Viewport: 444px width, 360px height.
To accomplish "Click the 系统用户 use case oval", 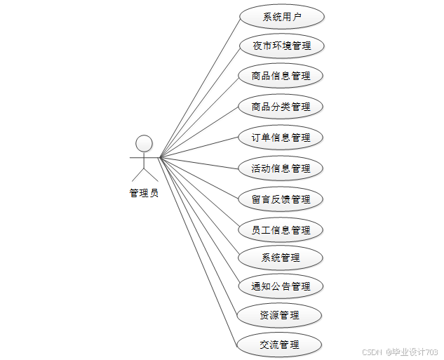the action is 281,17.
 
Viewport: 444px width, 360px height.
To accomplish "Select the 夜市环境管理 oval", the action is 281,46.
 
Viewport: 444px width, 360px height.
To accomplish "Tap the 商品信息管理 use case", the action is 281,76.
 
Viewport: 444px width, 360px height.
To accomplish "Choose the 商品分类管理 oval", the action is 281,107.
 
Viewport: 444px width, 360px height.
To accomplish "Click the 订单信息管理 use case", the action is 281,138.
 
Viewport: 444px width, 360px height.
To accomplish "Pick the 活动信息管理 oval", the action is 281,168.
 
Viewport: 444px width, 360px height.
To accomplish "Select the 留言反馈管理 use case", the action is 281,199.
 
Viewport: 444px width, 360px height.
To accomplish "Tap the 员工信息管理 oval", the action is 281,230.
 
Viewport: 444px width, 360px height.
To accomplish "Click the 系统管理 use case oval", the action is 281,258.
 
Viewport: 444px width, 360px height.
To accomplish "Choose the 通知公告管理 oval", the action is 281,286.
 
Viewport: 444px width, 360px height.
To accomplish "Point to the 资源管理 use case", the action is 281,315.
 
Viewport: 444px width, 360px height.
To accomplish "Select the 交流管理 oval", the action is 281,345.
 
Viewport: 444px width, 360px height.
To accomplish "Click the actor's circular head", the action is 144,143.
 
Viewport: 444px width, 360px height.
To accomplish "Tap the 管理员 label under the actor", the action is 144,193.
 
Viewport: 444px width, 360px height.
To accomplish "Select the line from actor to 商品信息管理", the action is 200,116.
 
